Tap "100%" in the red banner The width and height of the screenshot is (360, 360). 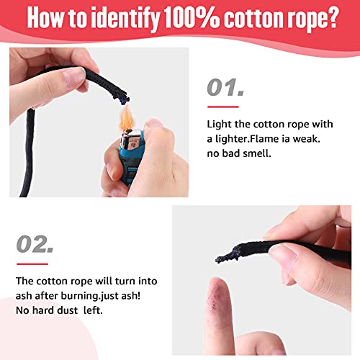coord(192,18)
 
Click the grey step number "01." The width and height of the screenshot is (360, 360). coord(225,88)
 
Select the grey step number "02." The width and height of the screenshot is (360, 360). coord(35,244)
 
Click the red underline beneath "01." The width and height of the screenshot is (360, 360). coord(223,107)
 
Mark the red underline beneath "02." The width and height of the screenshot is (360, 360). coord(32,264)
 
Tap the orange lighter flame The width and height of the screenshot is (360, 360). coord(127,119)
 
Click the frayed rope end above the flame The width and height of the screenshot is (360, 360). coord(122,97)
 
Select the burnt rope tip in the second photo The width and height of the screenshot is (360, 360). coord(227,256)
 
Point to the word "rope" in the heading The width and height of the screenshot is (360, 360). coord(299,19)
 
